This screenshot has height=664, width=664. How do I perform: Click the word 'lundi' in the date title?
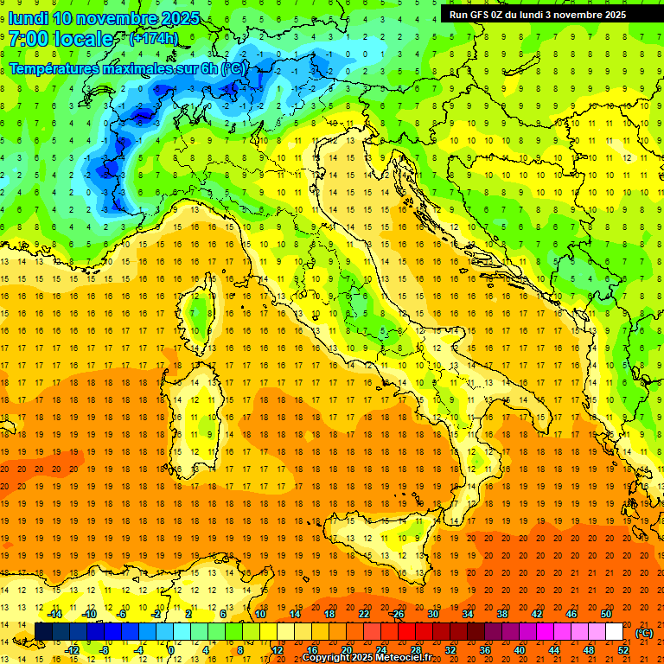pyautogui.click(x=28, y=17)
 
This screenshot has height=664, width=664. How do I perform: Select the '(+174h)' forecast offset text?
pyautogui.click(x=153, y=38)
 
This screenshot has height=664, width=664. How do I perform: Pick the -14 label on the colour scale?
pyautogui.click(x=55, y=614)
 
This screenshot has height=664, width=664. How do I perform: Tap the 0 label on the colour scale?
pyautogui.click(x=170, y=650)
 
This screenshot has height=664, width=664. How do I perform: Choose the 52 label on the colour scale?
pyautogui.click(x=623, y=650)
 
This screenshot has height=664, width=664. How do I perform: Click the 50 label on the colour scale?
pyautogui.click(x=605, y=614)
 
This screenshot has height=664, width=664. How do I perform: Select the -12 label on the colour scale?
pyautogui.click(x=73, y=650)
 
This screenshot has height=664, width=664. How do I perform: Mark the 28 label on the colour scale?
pyautogui.click(x=416, y=650)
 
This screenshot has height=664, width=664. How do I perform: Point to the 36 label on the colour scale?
pyautogui.click(x=484, y=650)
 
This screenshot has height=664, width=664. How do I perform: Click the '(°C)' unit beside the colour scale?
pyautogui.click(x=644, y=633)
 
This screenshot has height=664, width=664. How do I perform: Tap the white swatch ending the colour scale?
pyautogui.click(x=615, y=632)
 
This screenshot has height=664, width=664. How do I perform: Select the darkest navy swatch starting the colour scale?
pyautogui.click(x=43, y=632)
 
